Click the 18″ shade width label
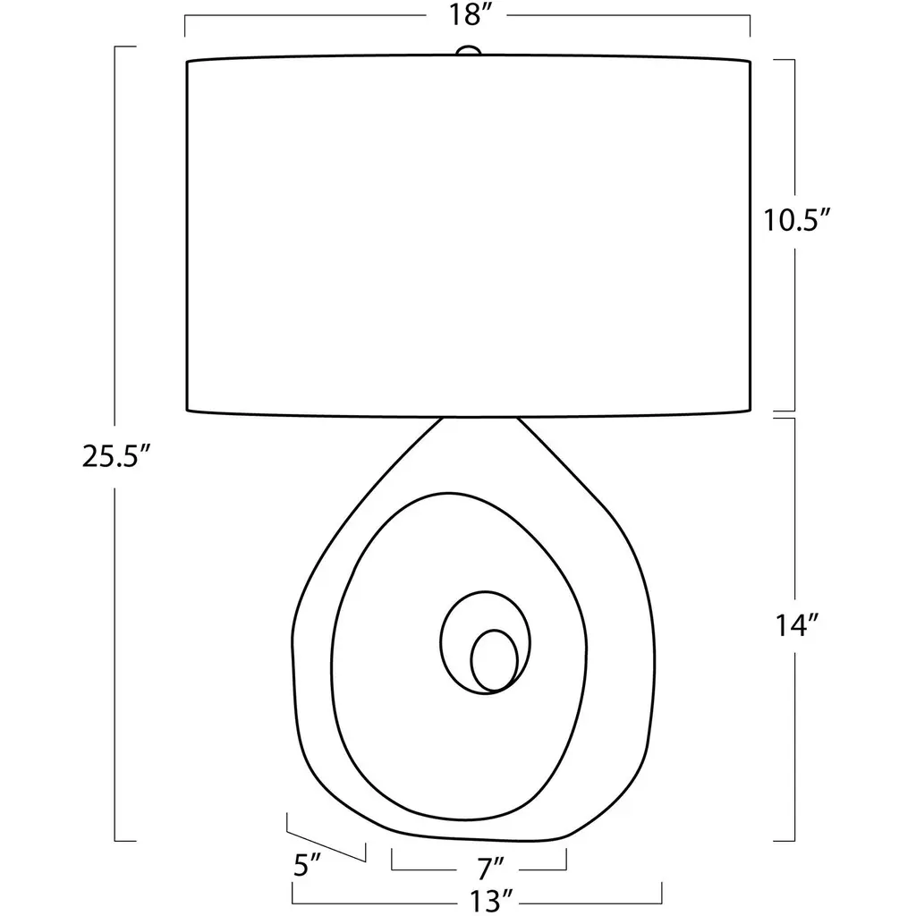pos(467,16)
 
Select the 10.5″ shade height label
pos(797,221)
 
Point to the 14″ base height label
pos(796,625)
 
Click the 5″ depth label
pos(308,865)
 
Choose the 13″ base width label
pos(491,900)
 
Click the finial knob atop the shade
pos(468,51)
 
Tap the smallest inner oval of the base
pos(494,660)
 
